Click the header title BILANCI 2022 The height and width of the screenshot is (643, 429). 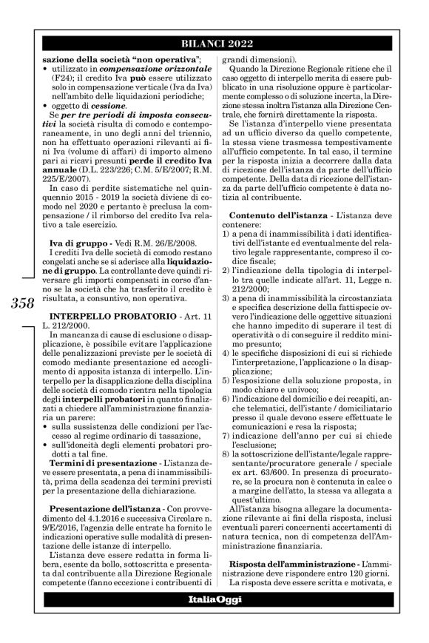[x=223, y=42]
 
